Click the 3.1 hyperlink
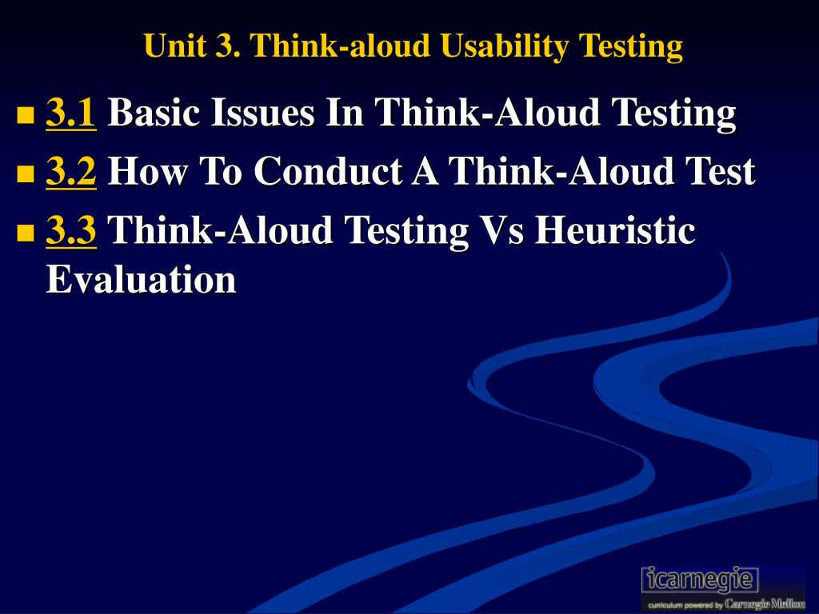pyautogui.click(x=70, y=112)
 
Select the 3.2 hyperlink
pyautogui.click(x=70, y=171)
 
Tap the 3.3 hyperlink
pyautogui.click(x=70, y=229)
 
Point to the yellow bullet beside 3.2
pyautogui.click(x=25, y=173)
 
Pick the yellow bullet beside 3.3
pyautogui.click(x=25, y=232)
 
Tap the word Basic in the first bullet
pyautogui.click(x=154, y=112)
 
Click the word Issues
pyautogui.click(x=262, y=112)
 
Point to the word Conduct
pyautogui.click(x=328, y=171)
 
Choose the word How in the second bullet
pyautogui.click(x=147, y=171)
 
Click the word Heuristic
pyautogui.click(x=615, y=229)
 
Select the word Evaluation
pyautogui.click(x=141, y=279)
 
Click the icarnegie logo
pyautogui.click(x=700, y=580)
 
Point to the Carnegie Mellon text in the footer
pyautogui.click(x=764, y=604)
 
